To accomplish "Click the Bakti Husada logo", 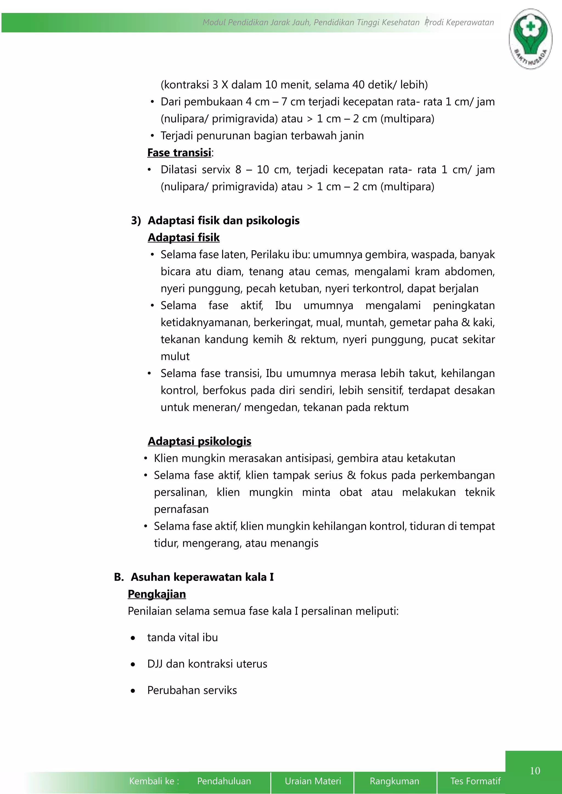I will tap(530, 39).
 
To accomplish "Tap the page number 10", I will tap(535, 770).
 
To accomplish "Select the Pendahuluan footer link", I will tap(224, 781).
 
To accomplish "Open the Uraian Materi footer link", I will tap(313, 781).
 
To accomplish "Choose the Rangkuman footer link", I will tap(394, 781).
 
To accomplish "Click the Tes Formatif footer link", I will tap(475, 781).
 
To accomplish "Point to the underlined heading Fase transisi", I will tap(179, 152).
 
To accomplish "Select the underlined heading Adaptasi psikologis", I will tap(199, 441).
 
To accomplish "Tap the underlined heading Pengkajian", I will tap(157, 594).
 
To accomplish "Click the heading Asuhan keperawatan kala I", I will tap(202, 577).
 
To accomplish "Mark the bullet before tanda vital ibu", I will tap(133, 638).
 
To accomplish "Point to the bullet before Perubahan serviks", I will tap(133, 691).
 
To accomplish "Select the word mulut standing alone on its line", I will tap(175, 356).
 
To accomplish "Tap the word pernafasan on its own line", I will tap(181, 509).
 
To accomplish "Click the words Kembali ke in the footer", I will tap(154, 781).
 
